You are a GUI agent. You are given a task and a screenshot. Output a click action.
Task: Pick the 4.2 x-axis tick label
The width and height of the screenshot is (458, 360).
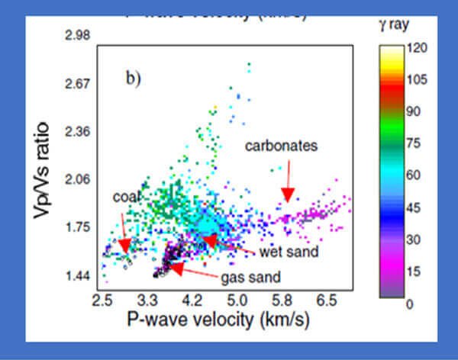tap(194, 300)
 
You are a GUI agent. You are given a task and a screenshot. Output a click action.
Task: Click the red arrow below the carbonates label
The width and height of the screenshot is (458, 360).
tap(287, 188)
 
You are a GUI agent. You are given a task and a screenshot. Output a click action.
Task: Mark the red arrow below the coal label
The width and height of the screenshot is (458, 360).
tap(124, 234)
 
